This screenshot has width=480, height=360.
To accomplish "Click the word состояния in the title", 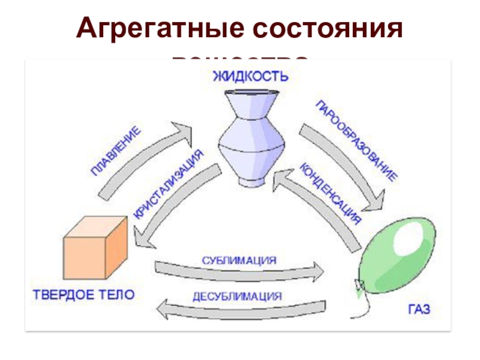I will click(328, 28).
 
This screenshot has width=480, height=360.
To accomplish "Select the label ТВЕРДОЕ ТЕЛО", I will click(83, 295).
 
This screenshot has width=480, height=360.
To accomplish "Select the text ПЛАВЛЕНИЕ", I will click(116, 151).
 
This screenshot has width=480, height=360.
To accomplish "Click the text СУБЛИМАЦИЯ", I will click(239, 260).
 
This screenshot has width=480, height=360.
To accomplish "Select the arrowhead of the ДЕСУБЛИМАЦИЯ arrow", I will click(164, 310).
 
